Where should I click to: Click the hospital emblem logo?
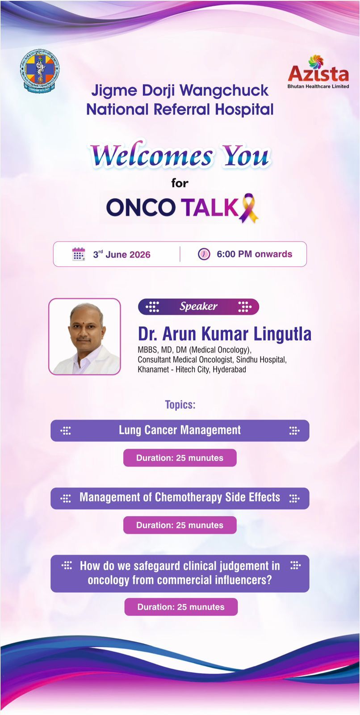coord(40,71)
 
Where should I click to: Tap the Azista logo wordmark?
coord(318,74)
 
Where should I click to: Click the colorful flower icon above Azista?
coord(316,62)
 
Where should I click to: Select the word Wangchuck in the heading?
coord(224,91)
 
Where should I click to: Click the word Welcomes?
coord(151,156)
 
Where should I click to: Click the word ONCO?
coord(141,207)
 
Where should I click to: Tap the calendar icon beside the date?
coord(79,254)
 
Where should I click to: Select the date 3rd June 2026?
coord(121,254)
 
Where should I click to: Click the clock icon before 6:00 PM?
coord(204,254)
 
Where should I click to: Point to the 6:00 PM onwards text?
coord(254,254)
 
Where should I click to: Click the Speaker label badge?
coord(198,307)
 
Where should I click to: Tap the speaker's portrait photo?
coord(84,336)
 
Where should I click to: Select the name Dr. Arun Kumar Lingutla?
coord(224,334)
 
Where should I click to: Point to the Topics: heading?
coord(180,405)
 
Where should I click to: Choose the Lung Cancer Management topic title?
coord(180,430)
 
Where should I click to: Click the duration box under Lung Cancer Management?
coord(180,458)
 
